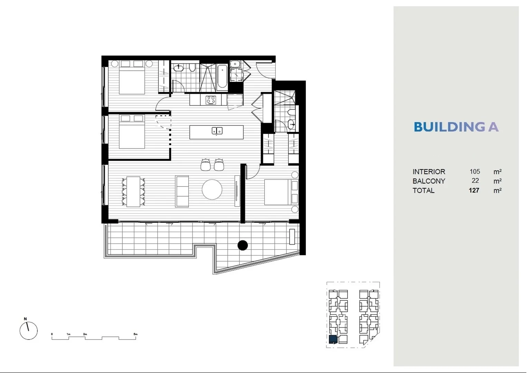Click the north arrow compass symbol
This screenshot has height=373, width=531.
(28, 331)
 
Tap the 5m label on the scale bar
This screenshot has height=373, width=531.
(135, 334)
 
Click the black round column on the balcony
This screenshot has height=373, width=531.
(243, 245)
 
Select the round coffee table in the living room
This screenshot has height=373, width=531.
(212, 190)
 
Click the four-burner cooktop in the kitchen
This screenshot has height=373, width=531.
(211, 100)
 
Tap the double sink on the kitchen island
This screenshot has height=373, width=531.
(217, 131)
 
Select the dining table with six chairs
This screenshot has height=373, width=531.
(133, 192)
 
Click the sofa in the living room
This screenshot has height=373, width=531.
(182, 191)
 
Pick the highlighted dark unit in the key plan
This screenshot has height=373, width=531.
(333, 339)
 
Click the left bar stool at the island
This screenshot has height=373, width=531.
(206, 165)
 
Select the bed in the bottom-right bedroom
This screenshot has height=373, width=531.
(278, 192)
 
